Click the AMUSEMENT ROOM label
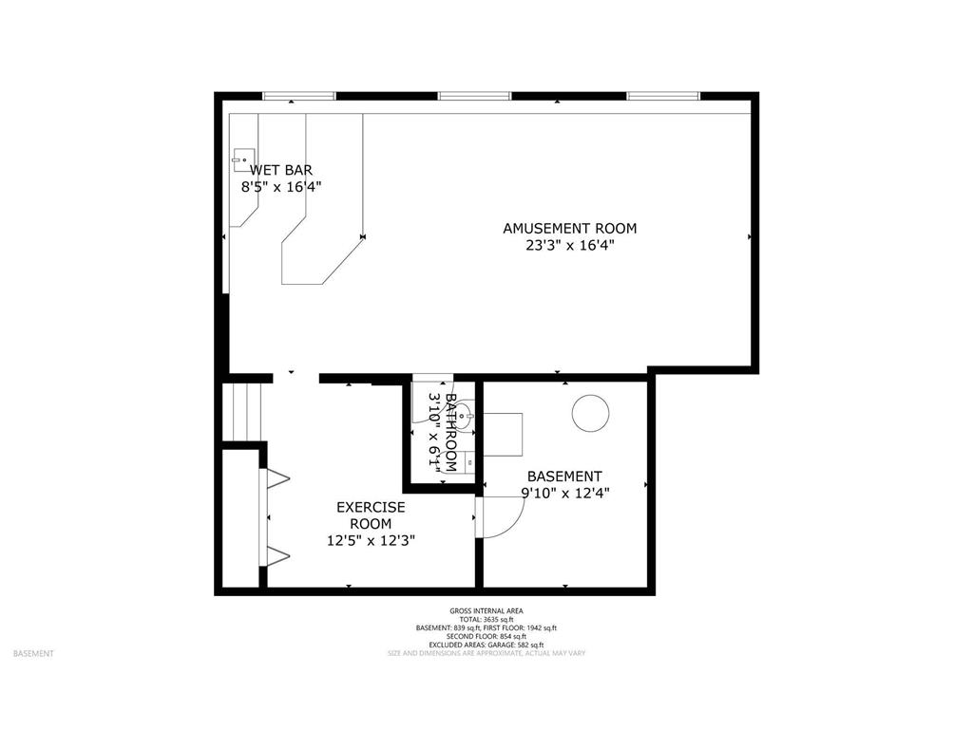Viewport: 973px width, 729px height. tap(569, 228)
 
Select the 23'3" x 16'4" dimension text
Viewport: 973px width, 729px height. tap(569, 246)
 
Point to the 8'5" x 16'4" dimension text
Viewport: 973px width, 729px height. tap(281, 187)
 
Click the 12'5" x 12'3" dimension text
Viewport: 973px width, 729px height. tap(371, 540)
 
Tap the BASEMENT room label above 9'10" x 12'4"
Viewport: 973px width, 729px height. tap(564, 477)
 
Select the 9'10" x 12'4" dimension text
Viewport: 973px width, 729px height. tap(564, 493)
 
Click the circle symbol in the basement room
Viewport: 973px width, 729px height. tap(589, 412)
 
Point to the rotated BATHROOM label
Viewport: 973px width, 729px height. tap(451, 433)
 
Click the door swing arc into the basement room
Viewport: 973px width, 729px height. tap(504, 517)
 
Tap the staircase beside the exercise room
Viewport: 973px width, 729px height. tap(241, 411)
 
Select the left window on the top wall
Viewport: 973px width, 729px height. tap(299, 96)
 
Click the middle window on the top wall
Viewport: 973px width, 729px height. tap(475, 96)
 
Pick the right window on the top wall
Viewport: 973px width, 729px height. tap(663, 96)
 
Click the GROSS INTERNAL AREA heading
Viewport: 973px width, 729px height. tap(486, 611)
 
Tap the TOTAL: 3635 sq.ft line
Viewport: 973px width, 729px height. tap(486, 620)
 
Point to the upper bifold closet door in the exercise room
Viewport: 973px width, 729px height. tap(277, 478)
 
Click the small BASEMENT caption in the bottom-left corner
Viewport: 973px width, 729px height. tap(33, 653)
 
